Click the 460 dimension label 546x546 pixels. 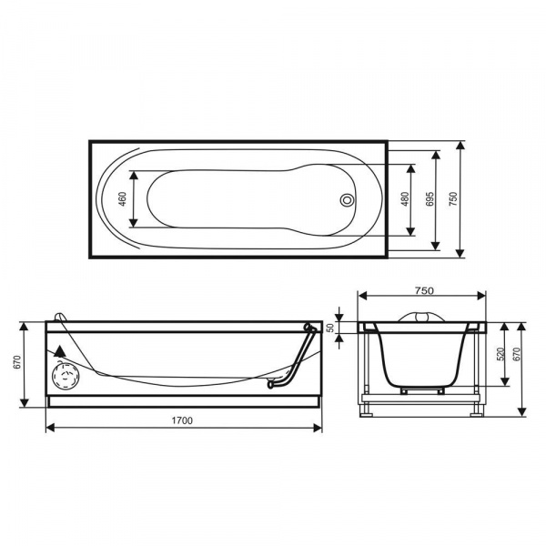point(123,198)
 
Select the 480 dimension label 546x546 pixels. point(405,198)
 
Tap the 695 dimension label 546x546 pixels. point(430,198)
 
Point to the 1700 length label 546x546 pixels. point(182,420)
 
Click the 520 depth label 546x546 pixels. point(500,354)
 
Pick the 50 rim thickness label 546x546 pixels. point(331,328)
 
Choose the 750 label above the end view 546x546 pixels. point(424,290)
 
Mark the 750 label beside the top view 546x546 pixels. point(452,198)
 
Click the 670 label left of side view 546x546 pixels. point(17,362)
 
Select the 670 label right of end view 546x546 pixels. point(516,354)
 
